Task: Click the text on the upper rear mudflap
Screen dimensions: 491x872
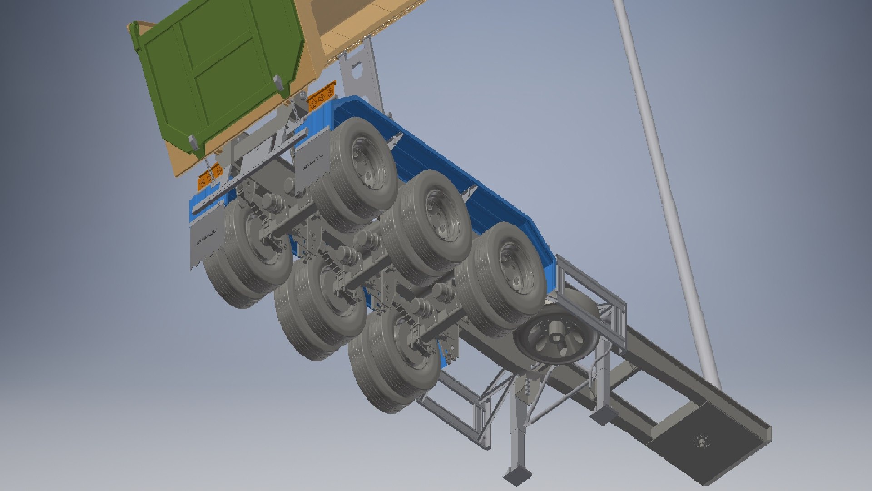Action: [313, 163]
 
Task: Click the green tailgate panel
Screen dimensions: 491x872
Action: [218, 73]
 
